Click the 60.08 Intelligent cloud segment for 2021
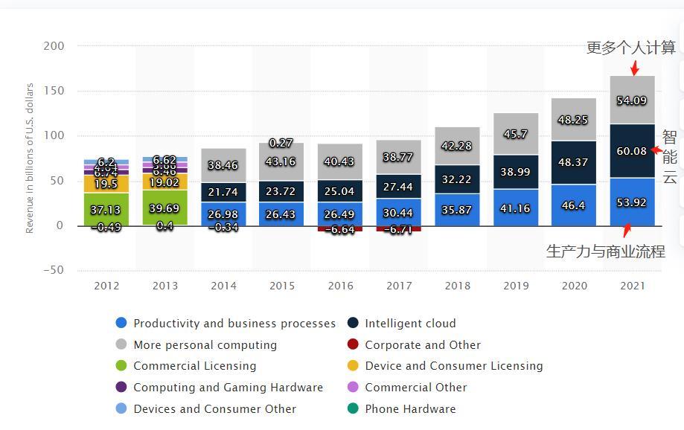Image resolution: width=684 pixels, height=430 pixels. coord(632,151)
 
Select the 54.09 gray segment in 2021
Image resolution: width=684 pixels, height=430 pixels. coord(632,100)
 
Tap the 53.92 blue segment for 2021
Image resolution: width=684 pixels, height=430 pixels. coord(632,202)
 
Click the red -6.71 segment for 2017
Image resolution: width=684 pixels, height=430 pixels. coord(398,229)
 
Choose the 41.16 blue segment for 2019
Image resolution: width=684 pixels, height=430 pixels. coord(516,208)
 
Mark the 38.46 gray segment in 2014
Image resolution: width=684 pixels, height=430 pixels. coord(224,165)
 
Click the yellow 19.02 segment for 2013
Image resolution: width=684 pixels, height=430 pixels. coord(164,182)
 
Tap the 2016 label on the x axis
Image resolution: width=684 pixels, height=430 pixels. coord(340,286)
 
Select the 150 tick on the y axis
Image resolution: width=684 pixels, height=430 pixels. coord(54,91)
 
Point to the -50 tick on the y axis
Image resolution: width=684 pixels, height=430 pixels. coord(52,270)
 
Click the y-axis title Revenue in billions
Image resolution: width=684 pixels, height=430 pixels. coord(30,158)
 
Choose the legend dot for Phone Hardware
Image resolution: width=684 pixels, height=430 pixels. coord(353,408)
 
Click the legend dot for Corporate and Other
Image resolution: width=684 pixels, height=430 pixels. coord(353,344)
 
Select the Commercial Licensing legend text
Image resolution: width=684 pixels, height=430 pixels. coord(194,366)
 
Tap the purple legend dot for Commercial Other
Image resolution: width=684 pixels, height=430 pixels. coord(353,387)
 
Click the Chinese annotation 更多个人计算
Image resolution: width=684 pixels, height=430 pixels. coord(631,48)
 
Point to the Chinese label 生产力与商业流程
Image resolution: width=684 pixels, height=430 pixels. coord(605,251)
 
